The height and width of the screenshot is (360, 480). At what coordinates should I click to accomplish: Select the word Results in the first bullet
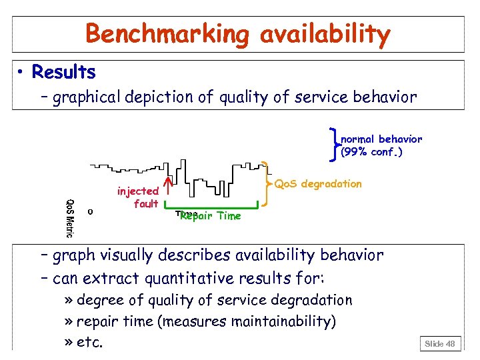coord(63,72)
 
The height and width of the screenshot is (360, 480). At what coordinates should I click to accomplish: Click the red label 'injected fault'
coord(138,197)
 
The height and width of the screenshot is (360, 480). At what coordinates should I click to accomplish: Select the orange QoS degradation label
coord(318,183)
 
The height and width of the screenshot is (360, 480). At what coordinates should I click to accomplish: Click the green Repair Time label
coord(210,216)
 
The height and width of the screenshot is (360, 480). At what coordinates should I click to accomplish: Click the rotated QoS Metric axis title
coord(69,218)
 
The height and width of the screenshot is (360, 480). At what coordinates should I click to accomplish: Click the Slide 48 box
coord(440,343)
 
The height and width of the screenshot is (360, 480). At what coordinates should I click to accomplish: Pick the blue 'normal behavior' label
coord(381,139)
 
